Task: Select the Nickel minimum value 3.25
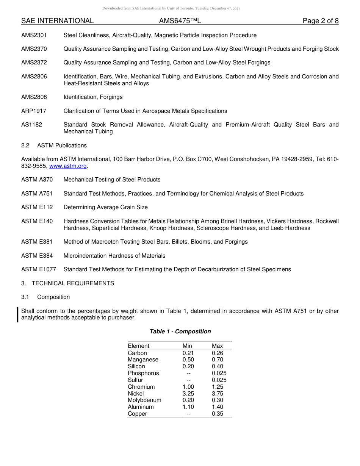click(x=188, y=394)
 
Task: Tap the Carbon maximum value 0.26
click(x=218, y=353)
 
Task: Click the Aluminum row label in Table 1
click(x=141, y=407)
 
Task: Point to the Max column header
click(x=217, y=346)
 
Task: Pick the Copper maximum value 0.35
click(x=218, y=414)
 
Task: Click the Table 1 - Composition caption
click(x=180, y=332)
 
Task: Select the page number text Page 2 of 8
click(x=320, y=21)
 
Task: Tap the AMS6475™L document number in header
click(x=180, y=21)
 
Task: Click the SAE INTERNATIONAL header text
click(x=57, y=21)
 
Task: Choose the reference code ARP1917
click(x=34, y=111)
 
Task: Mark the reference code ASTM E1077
click(x=38, y=269)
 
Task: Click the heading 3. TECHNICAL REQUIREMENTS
click(x=67, y=283)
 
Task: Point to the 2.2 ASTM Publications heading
click(x=54, y=145)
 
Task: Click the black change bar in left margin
click(x=18, y=314)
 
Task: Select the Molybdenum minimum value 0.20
click(x=188, y=400)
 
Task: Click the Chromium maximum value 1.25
click(x=218, y=387)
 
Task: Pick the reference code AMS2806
click(x=34, y=77)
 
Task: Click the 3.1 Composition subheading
click(x=45, y=297)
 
